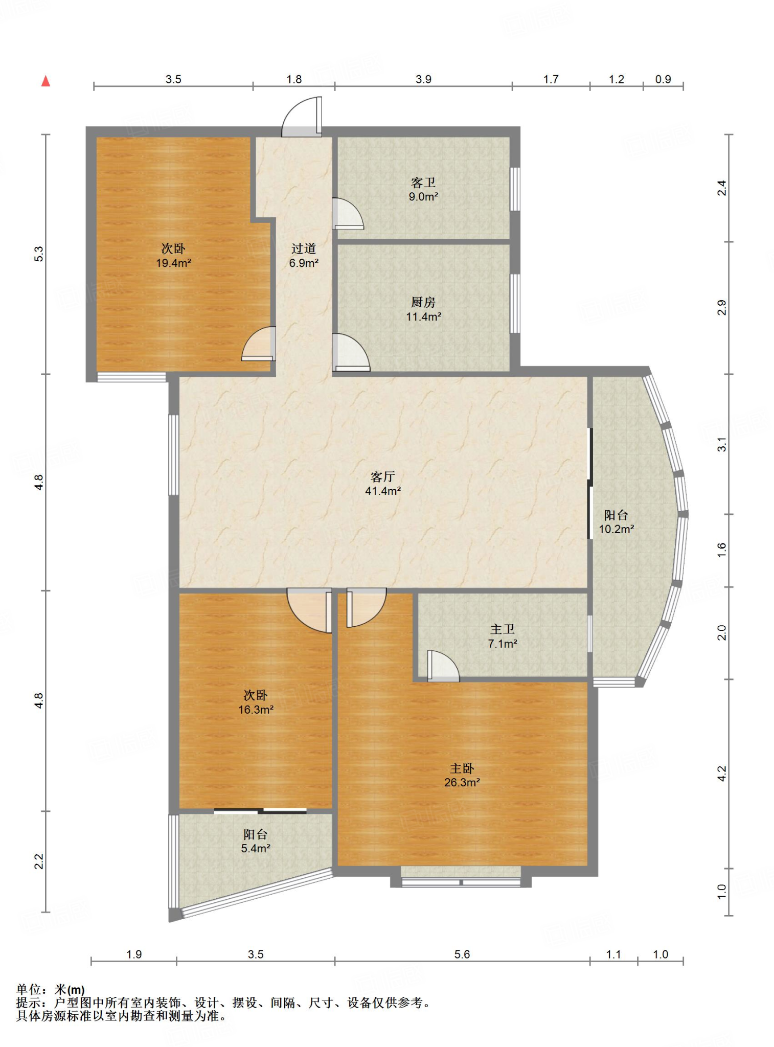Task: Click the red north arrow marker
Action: pyautogui.click(x=45, y=81)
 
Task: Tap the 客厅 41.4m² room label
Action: pyautogui.click(x=382, y=484)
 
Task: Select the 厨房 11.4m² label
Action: pyautogui.click(x=423, y=309)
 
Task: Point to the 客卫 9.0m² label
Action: pyautogui.click(x=423, y=189)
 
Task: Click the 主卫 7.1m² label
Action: pyautogui.click(x=503, y=636)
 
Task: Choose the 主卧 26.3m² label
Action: pyautogui.click(x=462, y=775)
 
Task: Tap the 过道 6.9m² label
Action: pyautogui.click(x=304, y=256)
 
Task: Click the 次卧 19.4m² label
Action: pyautogui.click(x=173, y=256)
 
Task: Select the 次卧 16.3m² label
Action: pyautogui.click(x=256, y=702)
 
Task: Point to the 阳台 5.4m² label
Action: pyautogui.click(x=256, y=841)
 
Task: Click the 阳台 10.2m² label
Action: pyautogui.click(x=616, y=521)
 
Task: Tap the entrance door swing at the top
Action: pyautogui.click(x=302, y=117)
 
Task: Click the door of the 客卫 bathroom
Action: pyautogui.click(x=348, y=213)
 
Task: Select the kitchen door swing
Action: pyautogui.click(x=351, y=352)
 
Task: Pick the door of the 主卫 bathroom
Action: pyautogui.click(x=443, y=666)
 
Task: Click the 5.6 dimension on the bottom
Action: pyautogui.click(x=462, y=954)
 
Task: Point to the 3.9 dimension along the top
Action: pyautogui.click(x=423, y=79)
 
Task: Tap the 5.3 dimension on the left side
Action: pyautogui.click(x=39, y=254)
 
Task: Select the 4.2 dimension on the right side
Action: pyautogui.click(x=721, y=773)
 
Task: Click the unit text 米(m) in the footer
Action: pyautogui.click(x=70, y=990)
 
